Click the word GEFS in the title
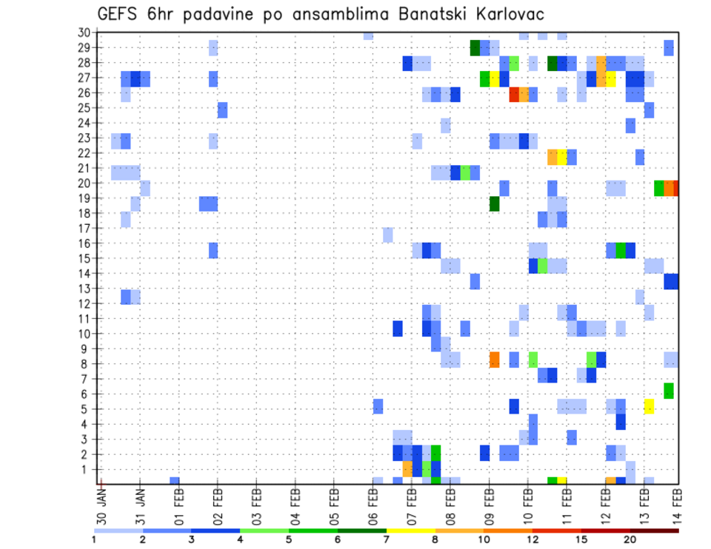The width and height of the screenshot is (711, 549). tap(118, 14)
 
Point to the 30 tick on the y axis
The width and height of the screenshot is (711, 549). tap(84, 33)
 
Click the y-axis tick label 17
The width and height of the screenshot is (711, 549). tap(84, 229)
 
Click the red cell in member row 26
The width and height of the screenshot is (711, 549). tap(514, 94)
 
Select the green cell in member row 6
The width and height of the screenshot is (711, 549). tap(669, 391)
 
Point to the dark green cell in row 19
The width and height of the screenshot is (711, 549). tap(494, 203)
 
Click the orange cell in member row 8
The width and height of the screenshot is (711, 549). tap(494, 360)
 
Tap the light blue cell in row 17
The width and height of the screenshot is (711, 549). tap(388, 235)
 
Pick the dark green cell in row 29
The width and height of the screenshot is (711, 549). tap(475, 48)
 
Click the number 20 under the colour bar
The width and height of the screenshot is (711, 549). tap(630, 539)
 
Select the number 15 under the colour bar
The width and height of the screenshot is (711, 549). tap(581, 539)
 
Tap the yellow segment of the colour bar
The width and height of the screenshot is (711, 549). tap(410, 531)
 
